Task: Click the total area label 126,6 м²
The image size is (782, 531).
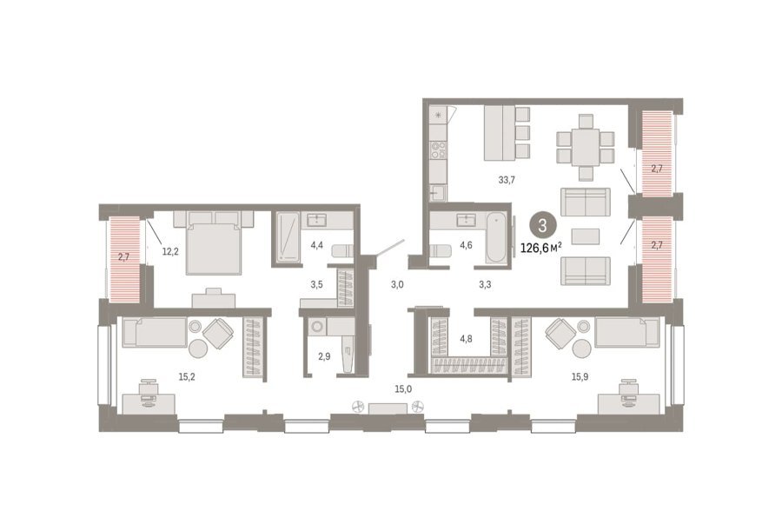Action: (541, 248)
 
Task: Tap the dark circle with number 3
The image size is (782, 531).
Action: (542, 226)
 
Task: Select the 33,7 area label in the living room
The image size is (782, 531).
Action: (507, 180)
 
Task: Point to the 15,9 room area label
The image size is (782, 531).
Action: (580, 377)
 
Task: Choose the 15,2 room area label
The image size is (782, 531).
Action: (187, 377)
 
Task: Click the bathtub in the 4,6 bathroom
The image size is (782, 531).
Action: (496, 237)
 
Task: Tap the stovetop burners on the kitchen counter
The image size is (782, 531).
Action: (439, 149)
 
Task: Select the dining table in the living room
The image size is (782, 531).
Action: (586, 147)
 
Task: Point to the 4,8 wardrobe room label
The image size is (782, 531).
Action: (466, 339)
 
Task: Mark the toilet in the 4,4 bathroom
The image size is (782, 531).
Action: (342, 250)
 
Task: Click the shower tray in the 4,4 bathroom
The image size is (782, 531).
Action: (288, 237)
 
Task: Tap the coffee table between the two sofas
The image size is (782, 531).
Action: (586, 236)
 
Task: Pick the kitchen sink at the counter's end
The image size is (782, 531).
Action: (438, 192)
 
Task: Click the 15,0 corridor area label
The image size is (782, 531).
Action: (403, 389)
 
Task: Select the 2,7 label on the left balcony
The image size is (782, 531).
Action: (123, 257)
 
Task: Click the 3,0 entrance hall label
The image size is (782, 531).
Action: (397, 285)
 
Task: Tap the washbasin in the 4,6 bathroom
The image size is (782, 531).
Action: (467, 220)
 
